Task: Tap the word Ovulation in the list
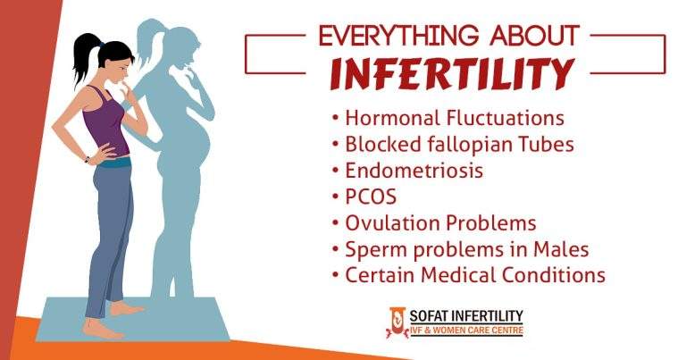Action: [x=389, y=222]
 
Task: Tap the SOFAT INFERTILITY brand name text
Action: [x=465, y=315]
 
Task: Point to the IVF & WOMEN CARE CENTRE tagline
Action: [x=465, y=331]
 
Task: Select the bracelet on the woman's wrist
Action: [x=88, y=160]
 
